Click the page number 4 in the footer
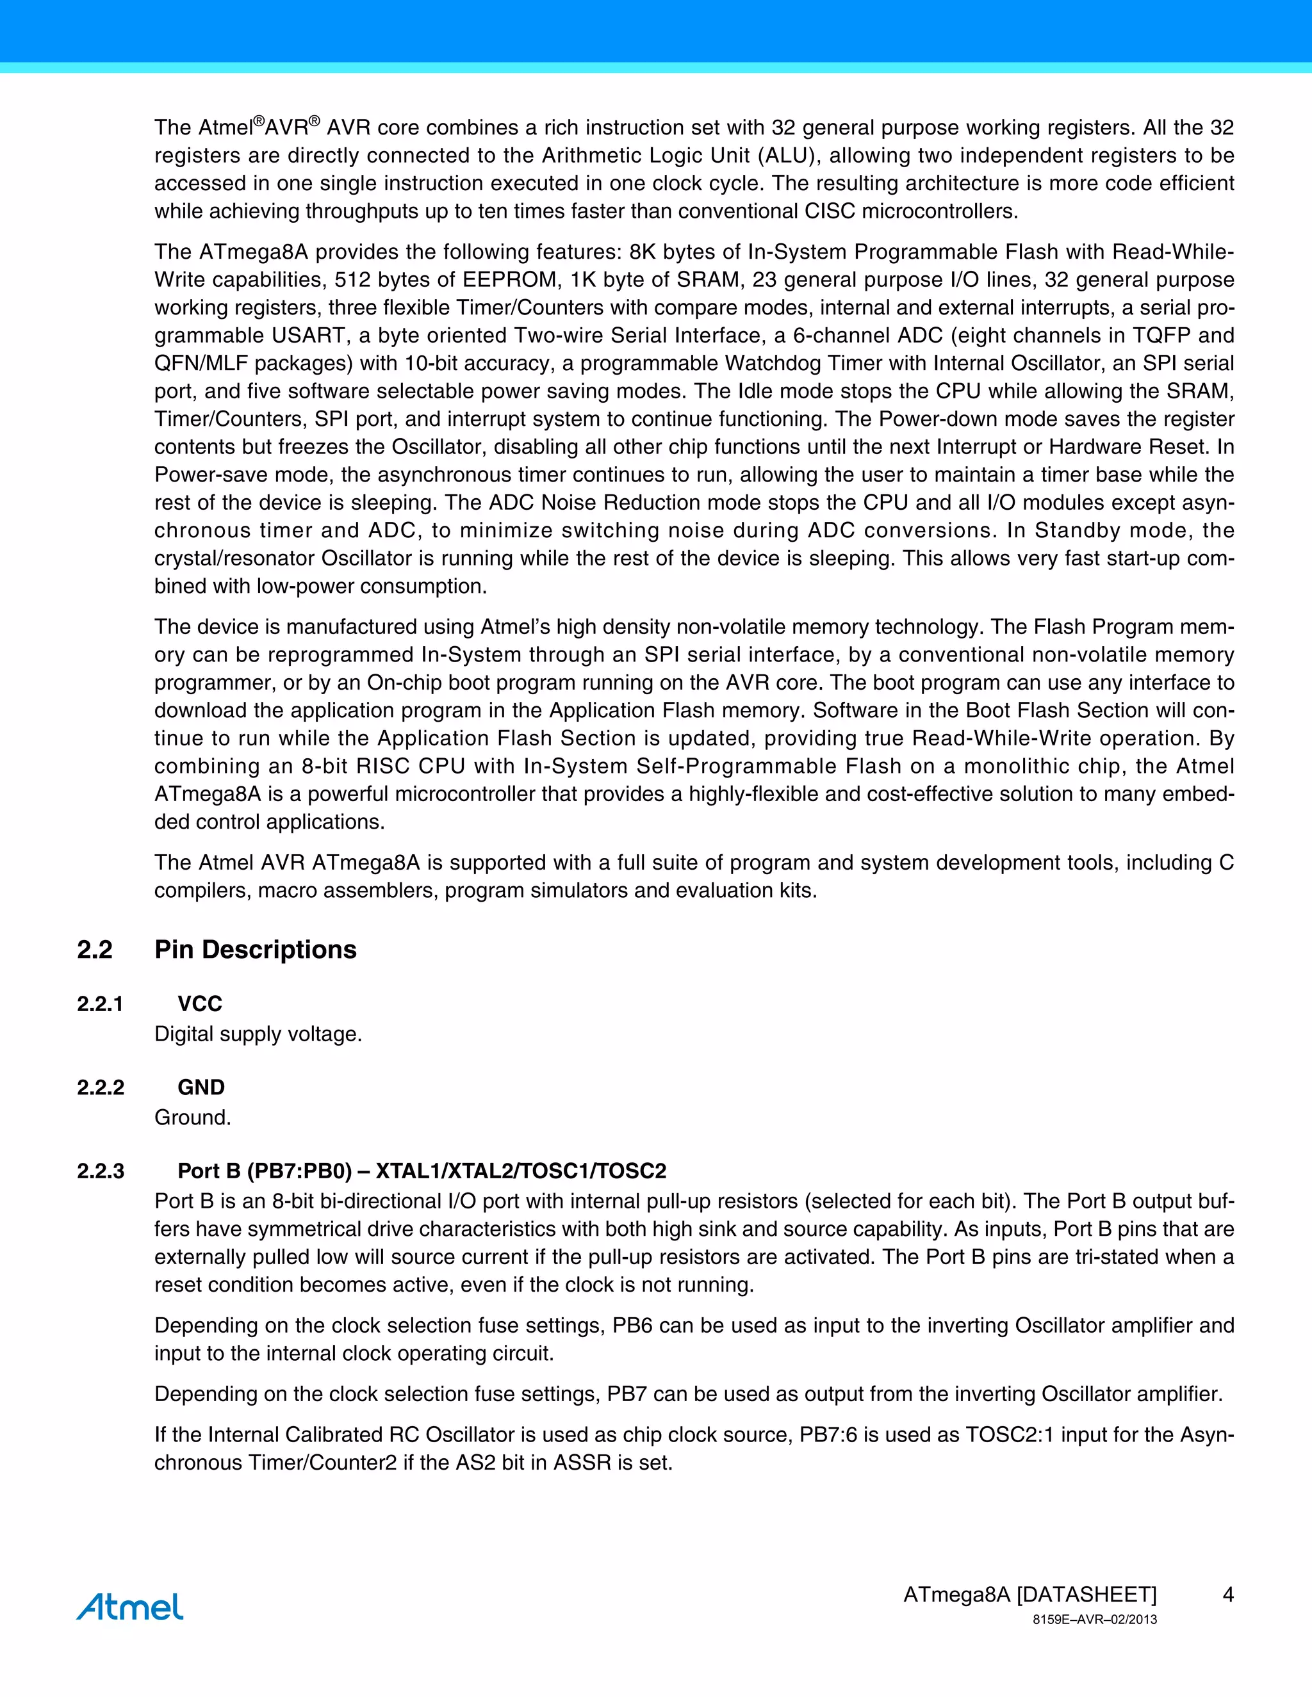pos(1228,1595)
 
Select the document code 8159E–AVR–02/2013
pos(1094,1620)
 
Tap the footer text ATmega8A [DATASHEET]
pos(1030,1595)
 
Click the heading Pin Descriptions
pos(255,950)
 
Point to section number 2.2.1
pos(101,1004)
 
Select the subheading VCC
pos(200,1004)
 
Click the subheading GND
pos(201,1087)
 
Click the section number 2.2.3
pos(101,1171)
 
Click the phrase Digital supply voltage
pos(258,1034)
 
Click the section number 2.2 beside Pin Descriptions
pos(95,950)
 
